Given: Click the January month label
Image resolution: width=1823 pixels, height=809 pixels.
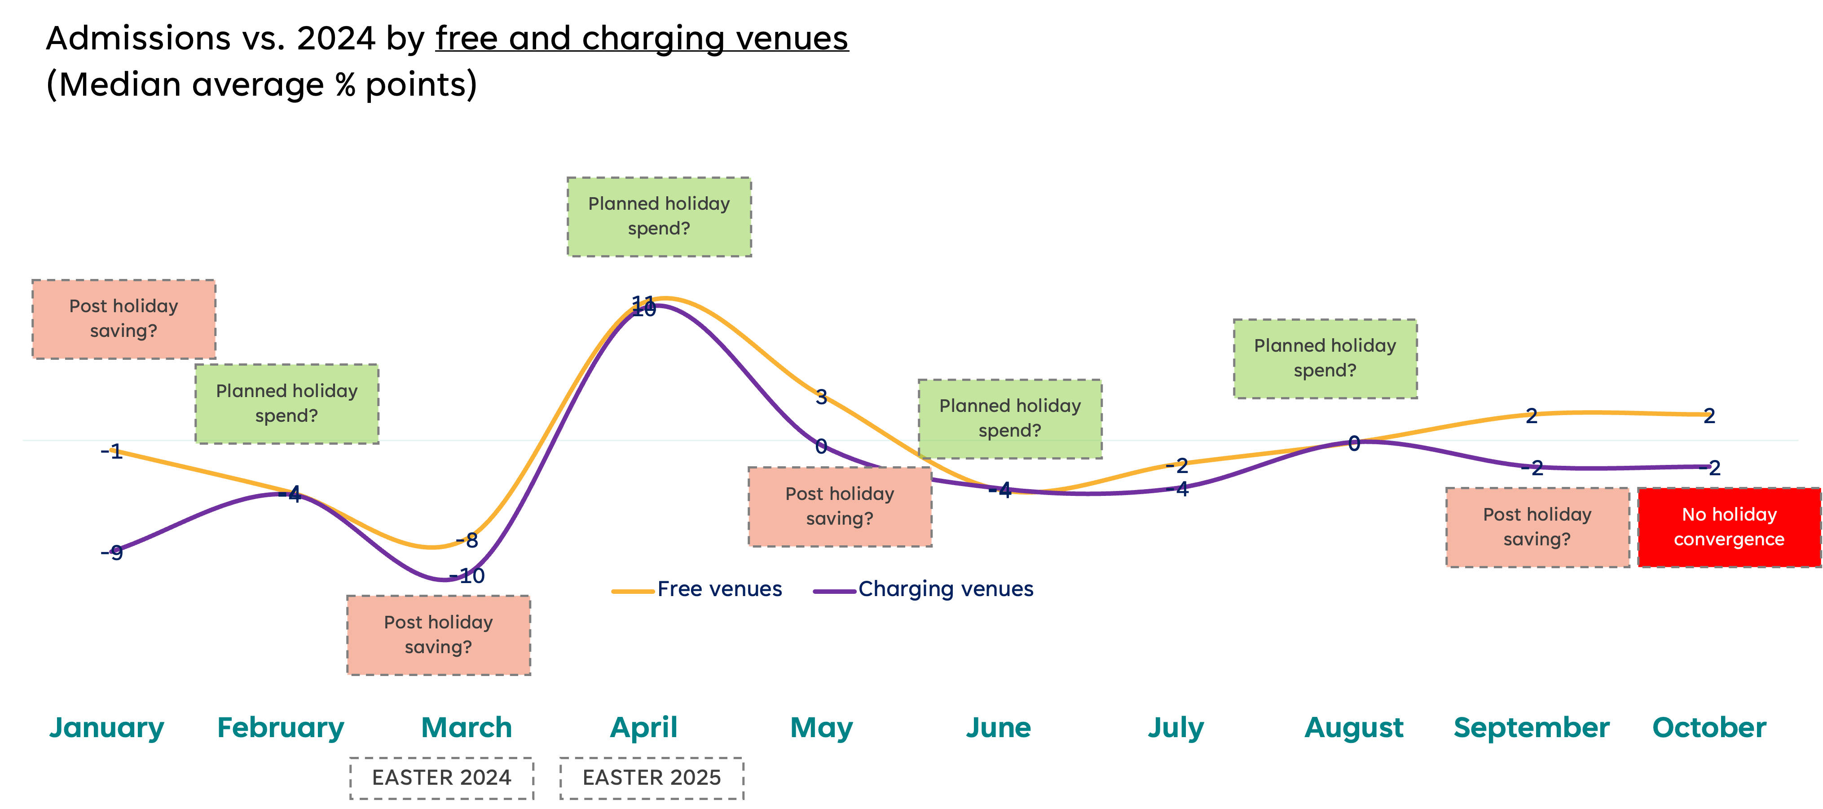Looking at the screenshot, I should tap(107, 728).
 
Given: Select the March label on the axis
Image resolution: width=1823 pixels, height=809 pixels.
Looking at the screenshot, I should tap(467, 728).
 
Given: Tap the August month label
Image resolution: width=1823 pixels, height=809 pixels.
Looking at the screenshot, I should tap(1354, 728).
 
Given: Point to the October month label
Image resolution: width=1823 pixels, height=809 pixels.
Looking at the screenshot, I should tap(1709, 728).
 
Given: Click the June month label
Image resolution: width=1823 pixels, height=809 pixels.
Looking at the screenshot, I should tap(999, 728).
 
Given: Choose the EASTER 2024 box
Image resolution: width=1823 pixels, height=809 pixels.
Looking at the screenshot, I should tap(441, 778).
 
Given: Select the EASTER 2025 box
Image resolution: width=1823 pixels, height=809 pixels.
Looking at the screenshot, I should tap(652, 778).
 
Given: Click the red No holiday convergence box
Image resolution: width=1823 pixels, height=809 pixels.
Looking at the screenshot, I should tap(1729, 527).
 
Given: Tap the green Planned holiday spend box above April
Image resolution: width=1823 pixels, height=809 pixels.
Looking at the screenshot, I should tap(659, 217).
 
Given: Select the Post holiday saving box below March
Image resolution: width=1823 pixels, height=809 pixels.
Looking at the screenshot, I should tap(439, 635).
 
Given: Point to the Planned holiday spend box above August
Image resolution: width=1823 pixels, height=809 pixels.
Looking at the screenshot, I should tap(1325, 358).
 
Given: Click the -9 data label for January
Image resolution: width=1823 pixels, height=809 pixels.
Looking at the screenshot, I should tap(114, 552).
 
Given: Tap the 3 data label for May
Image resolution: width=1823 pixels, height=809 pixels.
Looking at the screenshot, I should tap(821, 396).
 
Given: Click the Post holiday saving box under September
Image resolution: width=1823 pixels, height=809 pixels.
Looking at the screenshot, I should tap(1537, 527).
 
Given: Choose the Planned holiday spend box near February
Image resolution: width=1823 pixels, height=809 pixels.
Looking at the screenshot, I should tap(286, 403).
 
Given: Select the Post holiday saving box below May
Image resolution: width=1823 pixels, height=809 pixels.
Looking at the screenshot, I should tap(840, 507).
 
